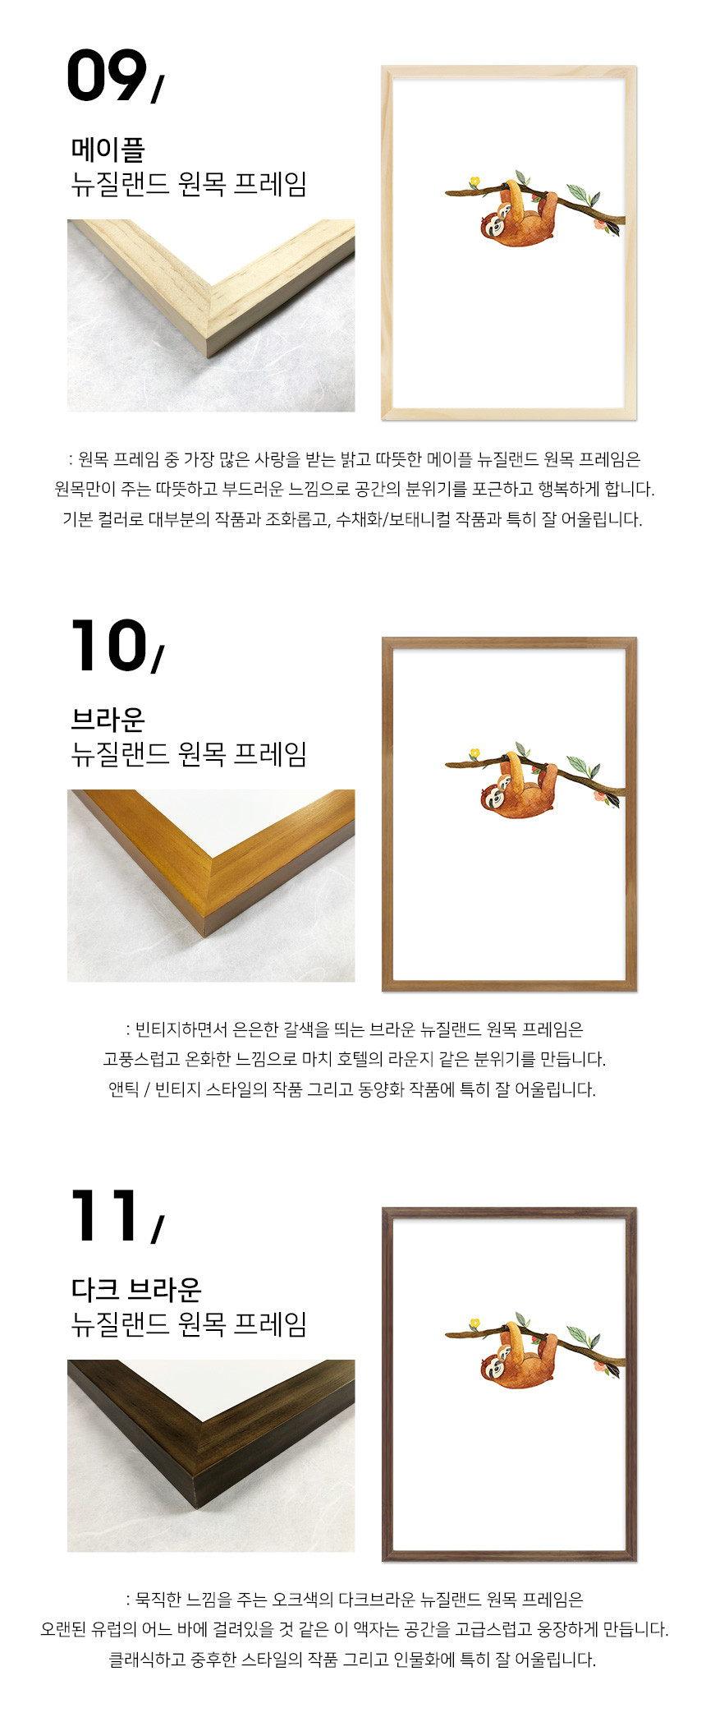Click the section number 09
click(107, 76)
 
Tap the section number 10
click(108, 646)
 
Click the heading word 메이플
click(108, 150)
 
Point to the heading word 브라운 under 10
click(108, 720)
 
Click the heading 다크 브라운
click(136, 1289)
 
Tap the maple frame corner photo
click(211, 315)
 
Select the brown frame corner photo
click(211, 886)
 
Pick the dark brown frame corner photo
click(211, 1456)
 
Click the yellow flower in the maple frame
click(474, 181)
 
